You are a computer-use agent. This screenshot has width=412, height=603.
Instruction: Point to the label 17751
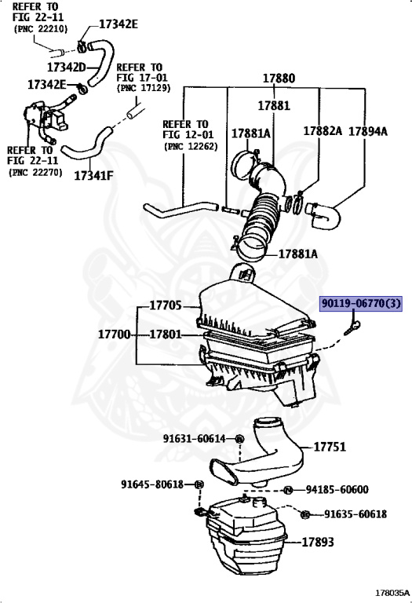pos(329,447)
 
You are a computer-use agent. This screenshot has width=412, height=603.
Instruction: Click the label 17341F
pos(93,174)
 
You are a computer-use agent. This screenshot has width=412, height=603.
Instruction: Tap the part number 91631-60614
pos(194,438)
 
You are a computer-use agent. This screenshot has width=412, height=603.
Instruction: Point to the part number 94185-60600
pos(337,490)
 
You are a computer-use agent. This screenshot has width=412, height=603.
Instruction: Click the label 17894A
pos(367,131)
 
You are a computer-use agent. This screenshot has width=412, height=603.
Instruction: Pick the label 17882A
pos(323,131)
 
